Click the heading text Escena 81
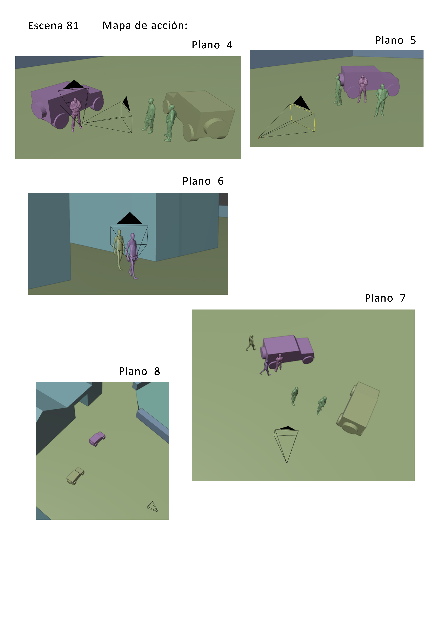pyautogui.click(x=54, y=26)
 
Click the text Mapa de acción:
pyautogui.click(x=145, y=25)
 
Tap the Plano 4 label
pyautogui.click(x=212, y=45)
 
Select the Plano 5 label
pyautogui.click(x=395, y=40)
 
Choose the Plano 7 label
pyautogui.click(x=385, y=298)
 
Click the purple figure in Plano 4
pyautogui.click(x=76, y=115)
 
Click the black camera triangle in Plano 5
pyautogui.click(x=301, y=103)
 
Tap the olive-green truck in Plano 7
pyautogui.click(x=358, y=409)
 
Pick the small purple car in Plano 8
pyautogui.click(x=97, y=439)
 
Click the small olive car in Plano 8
pyautogui.click(x=75, y=476)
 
